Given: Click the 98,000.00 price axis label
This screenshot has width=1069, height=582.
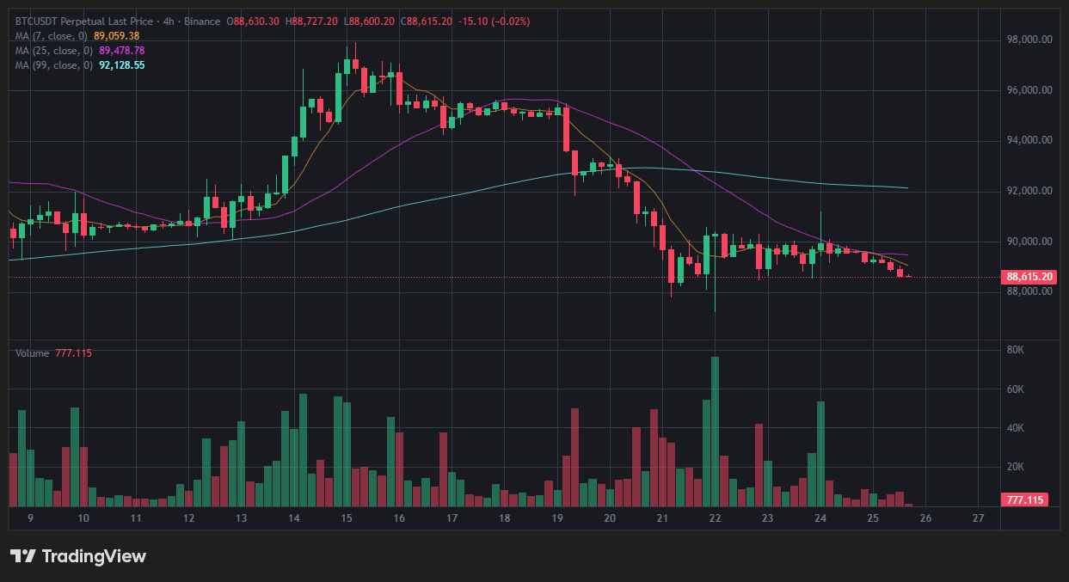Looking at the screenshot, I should (x=1030, y=40).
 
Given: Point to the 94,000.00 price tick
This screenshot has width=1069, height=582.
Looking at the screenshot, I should (x=1030, y=140).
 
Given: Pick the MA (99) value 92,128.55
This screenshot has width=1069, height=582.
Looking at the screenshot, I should (x=121, y=65).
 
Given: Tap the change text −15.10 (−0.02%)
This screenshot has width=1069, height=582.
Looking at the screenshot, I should (x=499, y=21).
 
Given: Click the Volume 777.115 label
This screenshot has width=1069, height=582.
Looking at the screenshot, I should (x=53, y=353).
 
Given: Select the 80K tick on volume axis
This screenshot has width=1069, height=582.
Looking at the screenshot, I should (x=1016, y=350).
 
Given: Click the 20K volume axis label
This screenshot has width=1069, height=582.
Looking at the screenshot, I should (x=1016, y=467).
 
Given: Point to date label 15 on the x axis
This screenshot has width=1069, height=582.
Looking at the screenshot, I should (x=347, y=518).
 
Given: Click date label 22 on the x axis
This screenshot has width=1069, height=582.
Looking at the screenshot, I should (x=715, y=518).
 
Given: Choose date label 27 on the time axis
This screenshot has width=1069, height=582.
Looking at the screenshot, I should (x=978, y=518).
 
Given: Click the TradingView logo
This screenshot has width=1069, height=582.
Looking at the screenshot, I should (x=78, y=556).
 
